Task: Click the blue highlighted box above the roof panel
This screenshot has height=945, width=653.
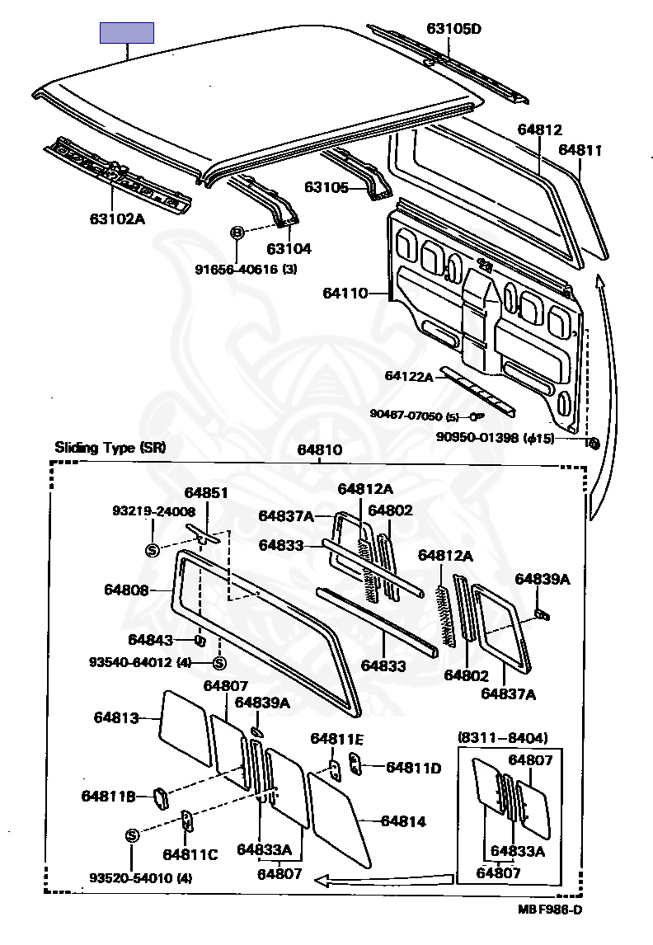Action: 127,33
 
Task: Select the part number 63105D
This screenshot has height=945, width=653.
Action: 453,29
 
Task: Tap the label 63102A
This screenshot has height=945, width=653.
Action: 117,219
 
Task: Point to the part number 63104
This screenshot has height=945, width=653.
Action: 289,248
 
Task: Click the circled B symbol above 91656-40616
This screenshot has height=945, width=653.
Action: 237,233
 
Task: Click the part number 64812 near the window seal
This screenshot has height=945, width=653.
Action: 540,129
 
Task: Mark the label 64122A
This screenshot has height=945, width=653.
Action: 408,376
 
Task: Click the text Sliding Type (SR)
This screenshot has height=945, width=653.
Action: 110,448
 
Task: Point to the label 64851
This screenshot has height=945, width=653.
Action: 206,492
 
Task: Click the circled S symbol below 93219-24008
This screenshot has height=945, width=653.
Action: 152,550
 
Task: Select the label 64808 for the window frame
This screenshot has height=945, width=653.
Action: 126,590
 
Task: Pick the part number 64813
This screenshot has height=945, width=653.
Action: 115,717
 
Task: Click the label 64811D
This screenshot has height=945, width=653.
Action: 413,768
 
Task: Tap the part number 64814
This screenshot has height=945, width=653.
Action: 402,821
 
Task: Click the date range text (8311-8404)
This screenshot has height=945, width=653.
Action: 502,736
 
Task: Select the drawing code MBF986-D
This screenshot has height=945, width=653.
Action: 551,910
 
